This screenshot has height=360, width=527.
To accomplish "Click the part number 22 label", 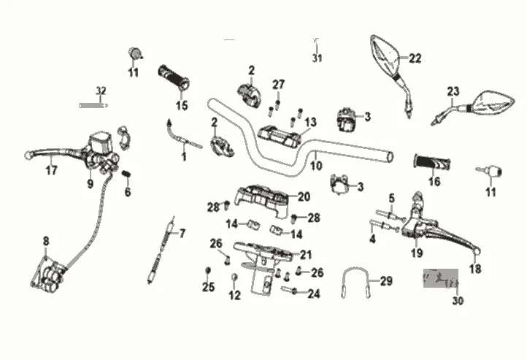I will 415,59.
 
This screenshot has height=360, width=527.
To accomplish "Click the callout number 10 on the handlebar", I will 316,166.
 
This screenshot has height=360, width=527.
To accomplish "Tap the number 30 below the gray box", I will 458,300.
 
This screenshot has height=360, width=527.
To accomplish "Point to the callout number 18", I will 475,269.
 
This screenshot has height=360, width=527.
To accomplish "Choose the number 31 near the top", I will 317,58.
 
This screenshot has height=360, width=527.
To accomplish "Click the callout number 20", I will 304,196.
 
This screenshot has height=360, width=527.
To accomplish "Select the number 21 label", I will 305,255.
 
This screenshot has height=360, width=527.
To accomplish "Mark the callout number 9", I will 91,184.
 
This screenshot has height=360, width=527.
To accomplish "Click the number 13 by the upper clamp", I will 311,122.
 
